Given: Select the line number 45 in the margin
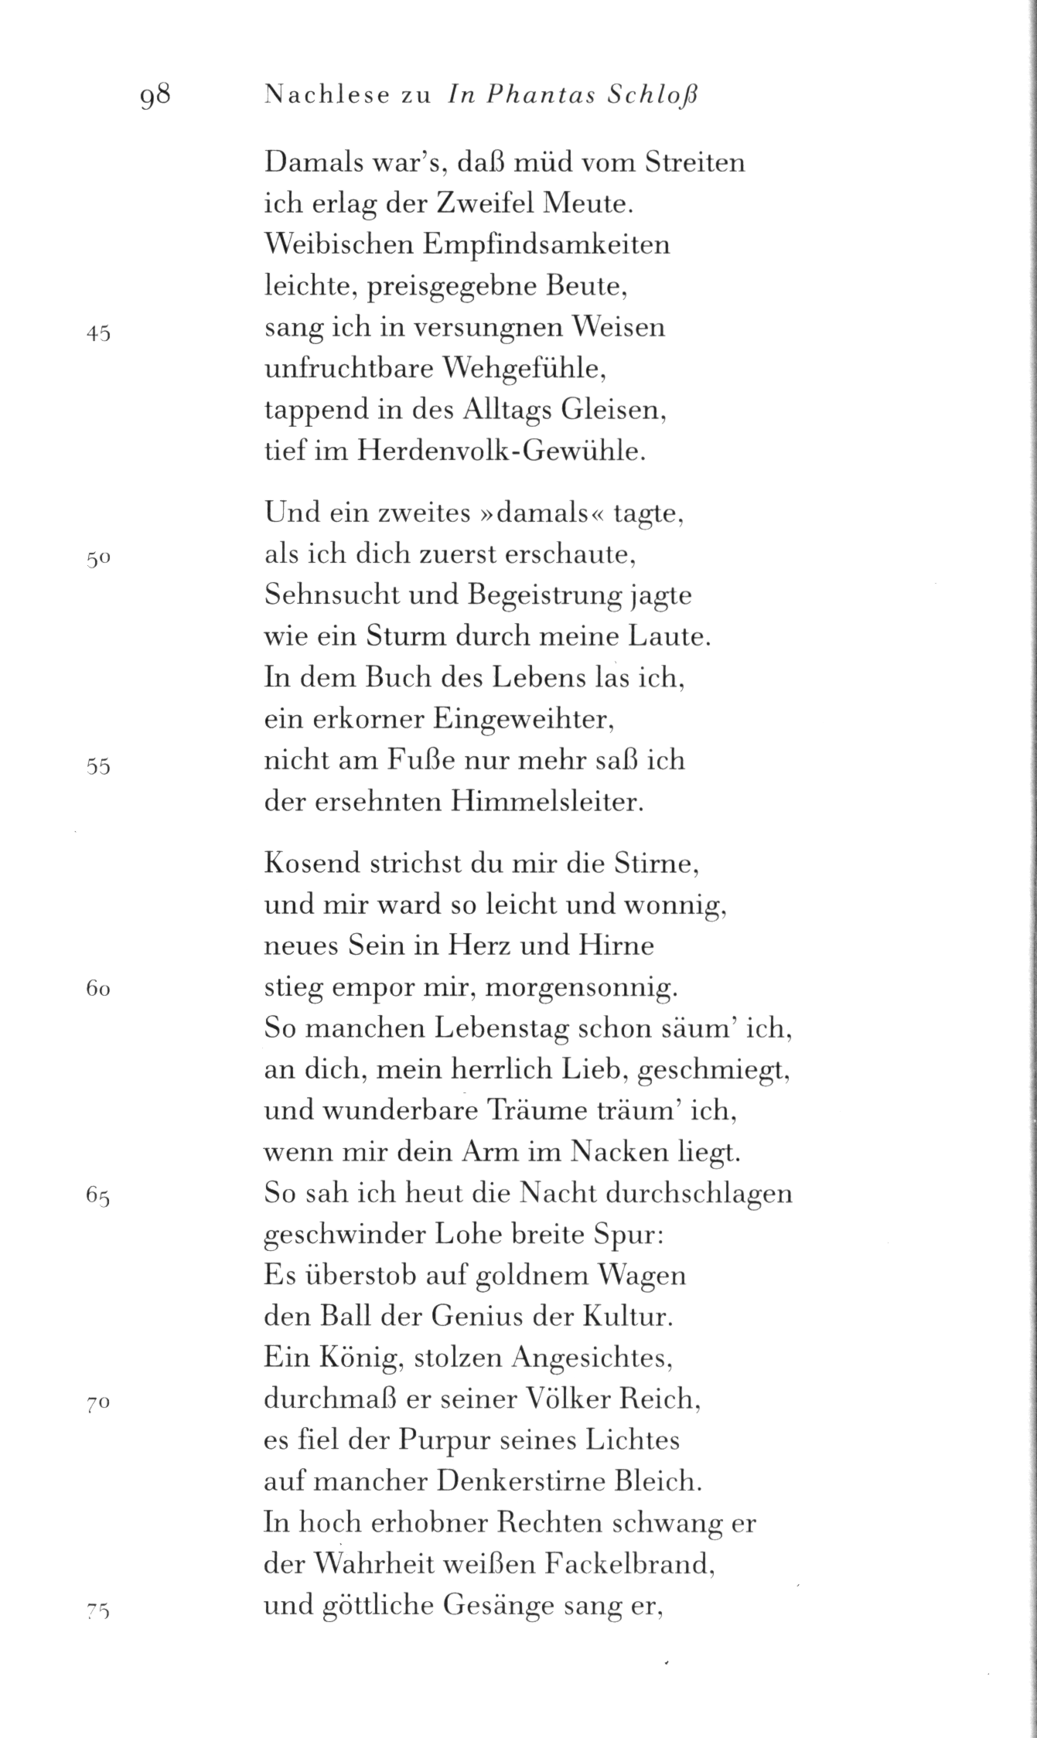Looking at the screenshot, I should [x=98, y=334].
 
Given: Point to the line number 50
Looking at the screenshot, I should [x=99, y=561].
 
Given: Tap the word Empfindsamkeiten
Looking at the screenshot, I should [x=546, y=245].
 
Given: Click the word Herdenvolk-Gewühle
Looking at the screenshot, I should [x=500, y=451].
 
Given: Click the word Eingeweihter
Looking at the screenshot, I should [x=523, y=720].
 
